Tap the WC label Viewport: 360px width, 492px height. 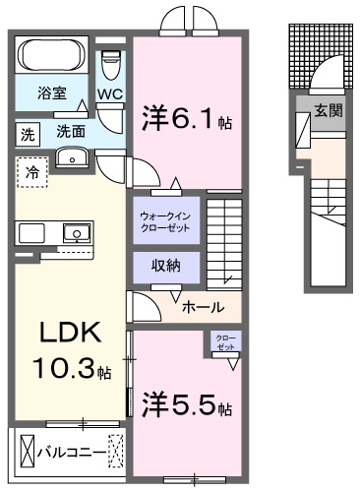[x=109, y=95]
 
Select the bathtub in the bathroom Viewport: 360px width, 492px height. [x=51, y=58]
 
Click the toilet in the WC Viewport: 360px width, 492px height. [x=110, y=65]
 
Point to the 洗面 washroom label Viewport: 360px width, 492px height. [x=69, y=129]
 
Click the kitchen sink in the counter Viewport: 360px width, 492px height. [x=74, y=233]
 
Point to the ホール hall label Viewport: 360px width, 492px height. [x=203, y=306]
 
